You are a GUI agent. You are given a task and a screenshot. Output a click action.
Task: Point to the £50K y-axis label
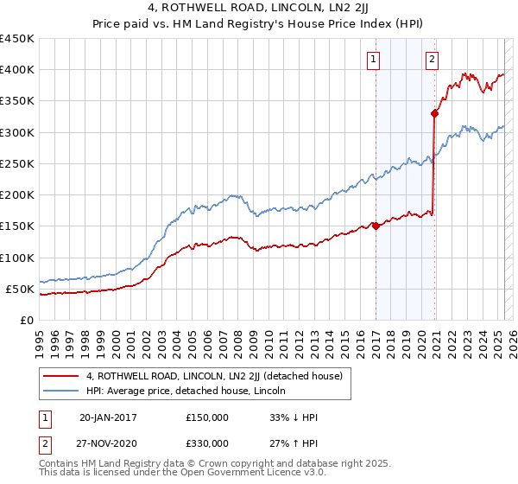pos(19,289)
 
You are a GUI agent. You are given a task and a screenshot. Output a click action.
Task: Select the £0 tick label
pos(26,320)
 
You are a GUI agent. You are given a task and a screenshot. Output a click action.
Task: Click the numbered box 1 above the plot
pos(374,60)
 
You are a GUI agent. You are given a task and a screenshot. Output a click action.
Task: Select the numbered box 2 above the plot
pos(432,60)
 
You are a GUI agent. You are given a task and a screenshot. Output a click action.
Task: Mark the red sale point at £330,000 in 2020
pos(435,112)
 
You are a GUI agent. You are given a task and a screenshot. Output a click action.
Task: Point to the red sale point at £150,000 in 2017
pos(376,226)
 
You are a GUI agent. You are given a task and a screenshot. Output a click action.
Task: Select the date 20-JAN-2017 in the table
pos(107,417)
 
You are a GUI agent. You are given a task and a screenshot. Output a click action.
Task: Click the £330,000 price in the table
pos(207,443)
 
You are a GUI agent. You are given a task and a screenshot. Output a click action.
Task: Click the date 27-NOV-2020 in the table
pos(108,443)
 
